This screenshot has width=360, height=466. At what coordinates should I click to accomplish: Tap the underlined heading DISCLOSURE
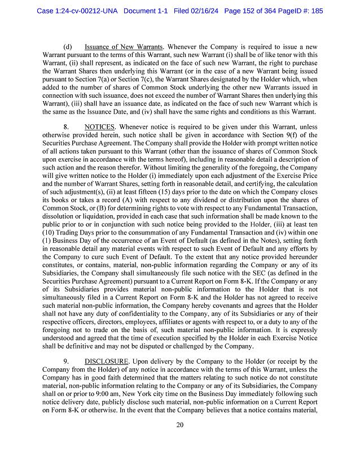[106, 361]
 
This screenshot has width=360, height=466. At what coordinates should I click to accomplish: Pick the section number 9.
[66, 361]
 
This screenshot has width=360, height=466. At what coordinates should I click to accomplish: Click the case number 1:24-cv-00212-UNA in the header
[78, 10]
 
